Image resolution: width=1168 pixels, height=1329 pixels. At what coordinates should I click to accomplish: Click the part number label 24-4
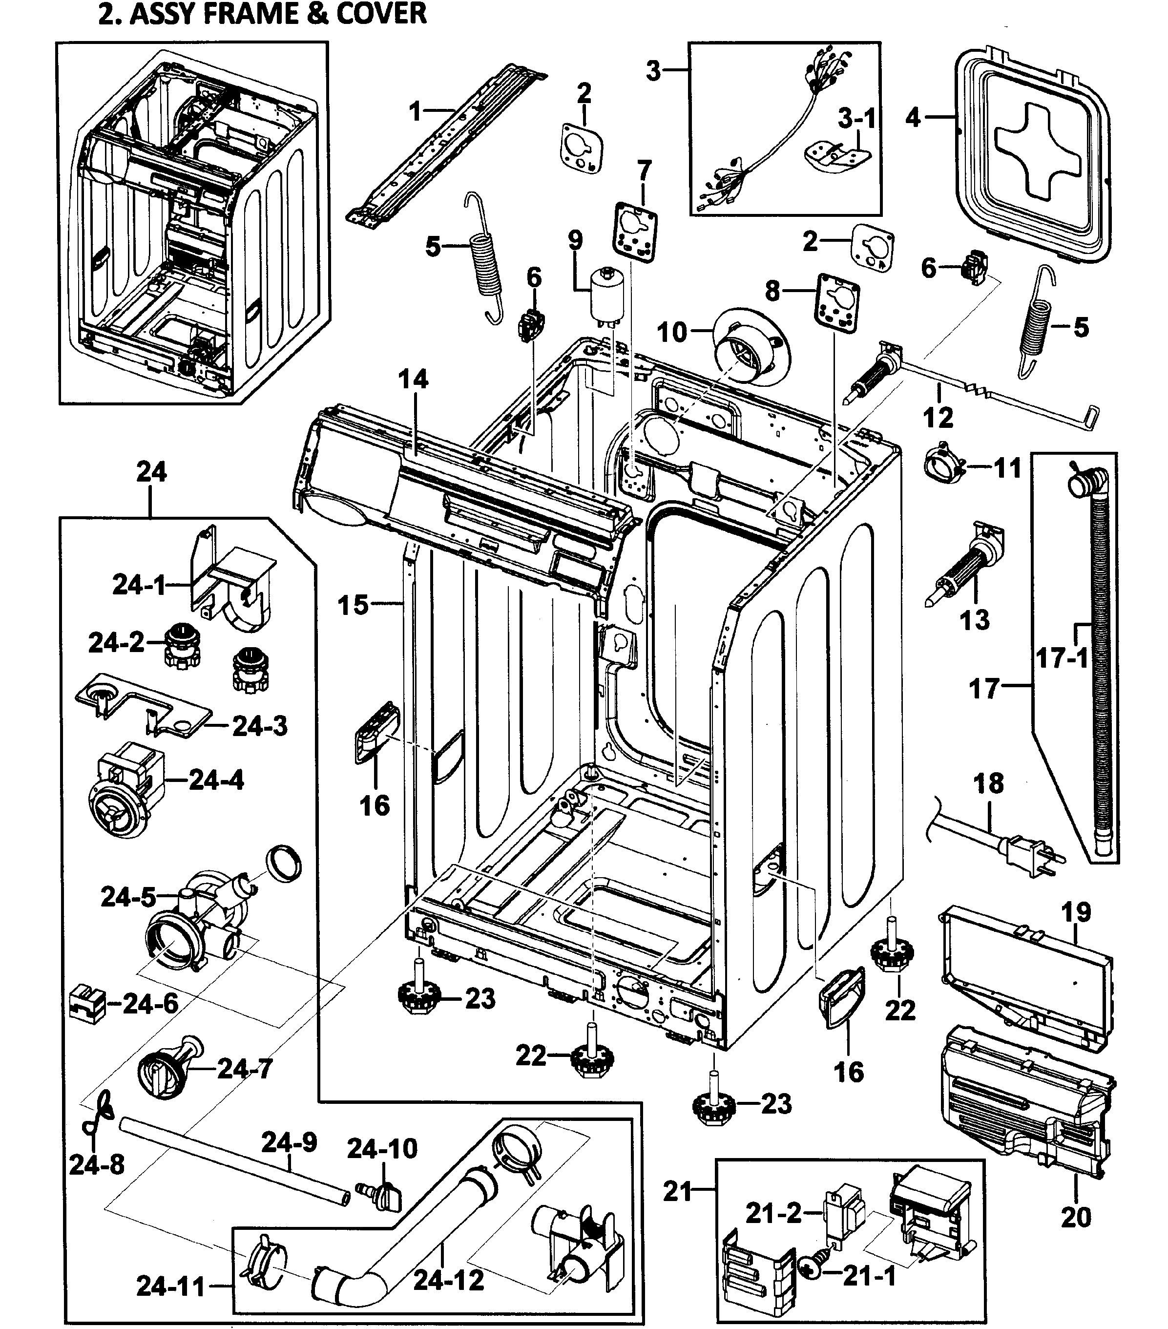216,780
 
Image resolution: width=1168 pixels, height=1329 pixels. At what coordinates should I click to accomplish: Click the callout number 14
414,379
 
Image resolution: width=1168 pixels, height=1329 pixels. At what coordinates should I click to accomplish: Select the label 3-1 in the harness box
856,119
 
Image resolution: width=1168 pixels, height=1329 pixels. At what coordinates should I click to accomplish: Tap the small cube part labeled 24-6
87,1003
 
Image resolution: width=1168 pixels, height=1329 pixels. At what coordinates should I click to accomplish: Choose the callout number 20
1075,1217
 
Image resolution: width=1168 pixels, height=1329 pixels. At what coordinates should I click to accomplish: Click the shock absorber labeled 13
963,566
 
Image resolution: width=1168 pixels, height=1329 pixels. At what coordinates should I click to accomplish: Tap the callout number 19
1075,912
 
